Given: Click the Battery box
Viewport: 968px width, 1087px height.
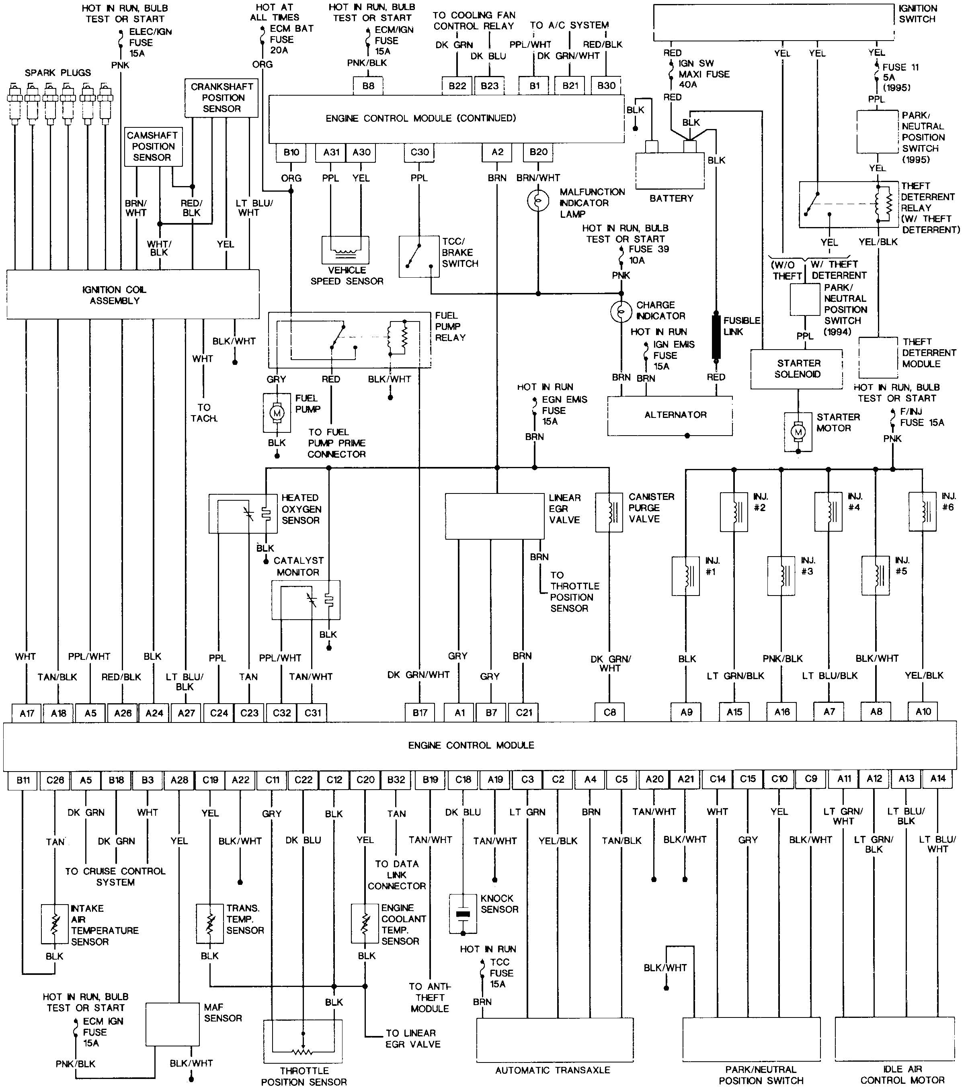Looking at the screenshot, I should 670,171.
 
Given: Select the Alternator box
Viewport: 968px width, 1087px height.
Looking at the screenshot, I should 670,416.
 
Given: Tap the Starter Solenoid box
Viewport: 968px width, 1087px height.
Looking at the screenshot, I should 796,369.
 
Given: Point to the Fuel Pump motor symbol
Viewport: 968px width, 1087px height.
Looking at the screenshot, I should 277,413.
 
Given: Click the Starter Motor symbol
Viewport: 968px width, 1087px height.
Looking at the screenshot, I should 798,432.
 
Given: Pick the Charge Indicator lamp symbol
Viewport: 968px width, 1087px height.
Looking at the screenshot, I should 621,312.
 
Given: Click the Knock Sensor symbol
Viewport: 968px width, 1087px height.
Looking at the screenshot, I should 463,914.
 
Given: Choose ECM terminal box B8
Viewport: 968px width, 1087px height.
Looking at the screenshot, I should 368,86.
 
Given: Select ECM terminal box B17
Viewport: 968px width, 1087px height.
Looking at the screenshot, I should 420,712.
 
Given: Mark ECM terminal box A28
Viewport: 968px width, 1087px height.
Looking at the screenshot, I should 179,780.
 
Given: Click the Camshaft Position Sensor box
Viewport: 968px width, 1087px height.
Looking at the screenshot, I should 153,146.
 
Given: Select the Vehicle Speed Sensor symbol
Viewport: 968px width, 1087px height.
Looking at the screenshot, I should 346,250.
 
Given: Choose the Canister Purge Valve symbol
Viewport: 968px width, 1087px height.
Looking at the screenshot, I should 609,512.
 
